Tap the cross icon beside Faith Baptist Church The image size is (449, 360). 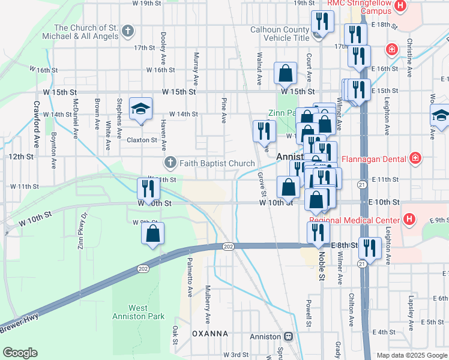coord(170,162)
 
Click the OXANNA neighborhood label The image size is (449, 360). coord(209,333)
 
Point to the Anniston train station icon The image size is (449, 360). coord(289,337)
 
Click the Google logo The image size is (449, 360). coord(20,352)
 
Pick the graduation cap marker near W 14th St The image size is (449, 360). coord(141,109)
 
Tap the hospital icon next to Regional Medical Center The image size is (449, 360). coord(409,219)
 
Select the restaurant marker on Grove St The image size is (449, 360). coord(264,131)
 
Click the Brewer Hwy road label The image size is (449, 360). coord(19,328)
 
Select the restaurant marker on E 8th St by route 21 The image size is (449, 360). coord(368,247)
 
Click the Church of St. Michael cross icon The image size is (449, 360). coord(127,31)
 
